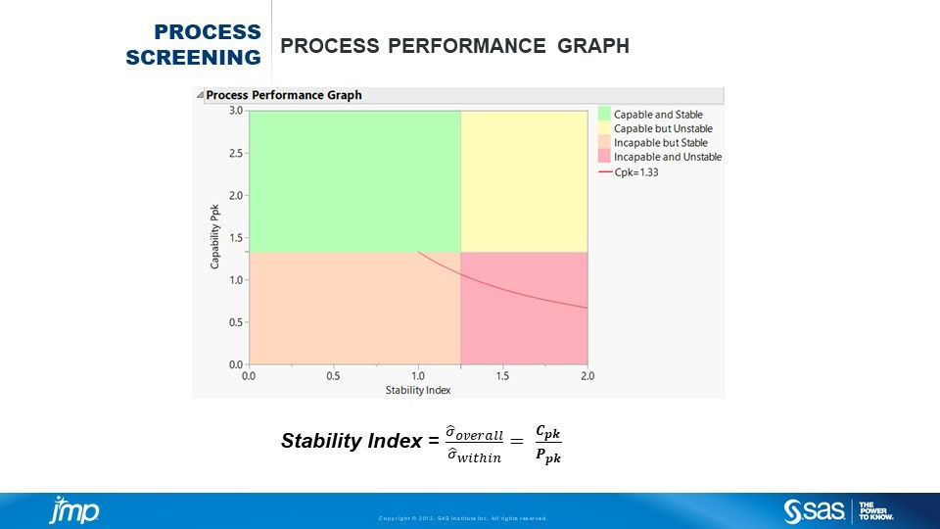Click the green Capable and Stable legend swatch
click(604, 115)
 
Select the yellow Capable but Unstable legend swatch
click(604, 128)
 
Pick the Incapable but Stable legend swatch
click(604, 143)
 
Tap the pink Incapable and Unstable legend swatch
click(604, 157)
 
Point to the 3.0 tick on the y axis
click(235, 111)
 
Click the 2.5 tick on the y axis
click(235, 153)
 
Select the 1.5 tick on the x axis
click(502, 375)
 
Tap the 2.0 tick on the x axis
click(587, 375)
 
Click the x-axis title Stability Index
click(418, 390)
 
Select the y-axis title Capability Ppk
click(213, 237)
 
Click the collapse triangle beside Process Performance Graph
click(200, 96)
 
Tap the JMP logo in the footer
click(74, 510)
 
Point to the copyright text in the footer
click(462, 518)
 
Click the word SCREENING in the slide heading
click(194, 57)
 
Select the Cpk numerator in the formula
click(549, 432)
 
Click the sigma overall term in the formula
click(474, 434)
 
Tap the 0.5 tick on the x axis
click(333, 375)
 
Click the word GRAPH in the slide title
click(594, 46)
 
